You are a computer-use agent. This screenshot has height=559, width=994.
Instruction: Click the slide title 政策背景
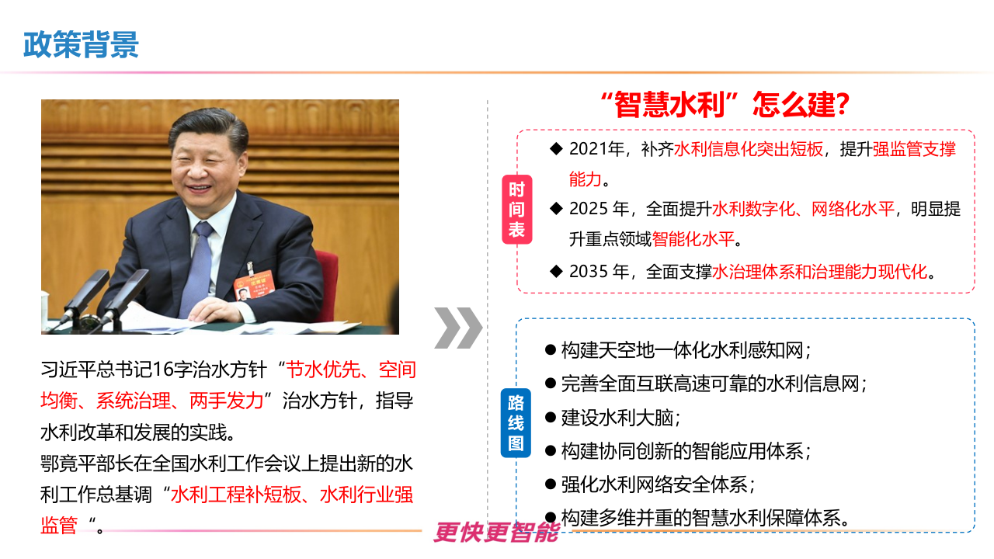81,45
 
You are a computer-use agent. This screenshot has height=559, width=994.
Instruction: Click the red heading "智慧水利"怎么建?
724,105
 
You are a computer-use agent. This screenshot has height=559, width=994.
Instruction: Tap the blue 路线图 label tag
516,423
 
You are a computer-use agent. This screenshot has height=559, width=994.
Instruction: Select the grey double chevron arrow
457,328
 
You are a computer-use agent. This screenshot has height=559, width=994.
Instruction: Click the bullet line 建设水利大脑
620,418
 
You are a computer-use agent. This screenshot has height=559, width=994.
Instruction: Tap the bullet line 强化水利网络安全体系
658,484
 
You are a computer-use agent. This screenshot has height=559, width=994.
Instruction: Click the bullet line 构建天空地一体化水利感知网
686,350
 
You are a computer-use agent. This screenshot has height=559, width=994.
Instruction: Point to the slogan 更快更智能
496,532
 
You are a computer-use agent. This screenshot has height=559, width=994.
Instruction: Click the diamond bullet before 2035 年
555,271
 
